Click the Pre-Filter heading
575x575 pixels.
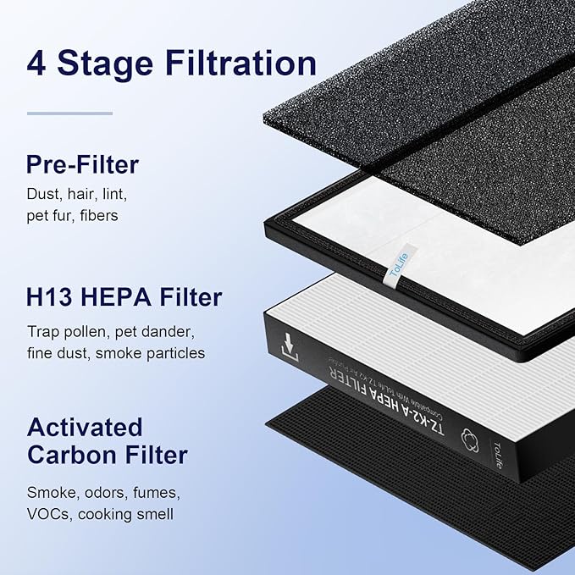pyautogui.click(x=82, y=163)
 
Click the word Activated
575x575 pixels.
pyautogui.click(x=85, y=426)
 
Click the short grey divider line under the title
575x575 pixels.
pyautogui.click(x=58, y=113)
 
